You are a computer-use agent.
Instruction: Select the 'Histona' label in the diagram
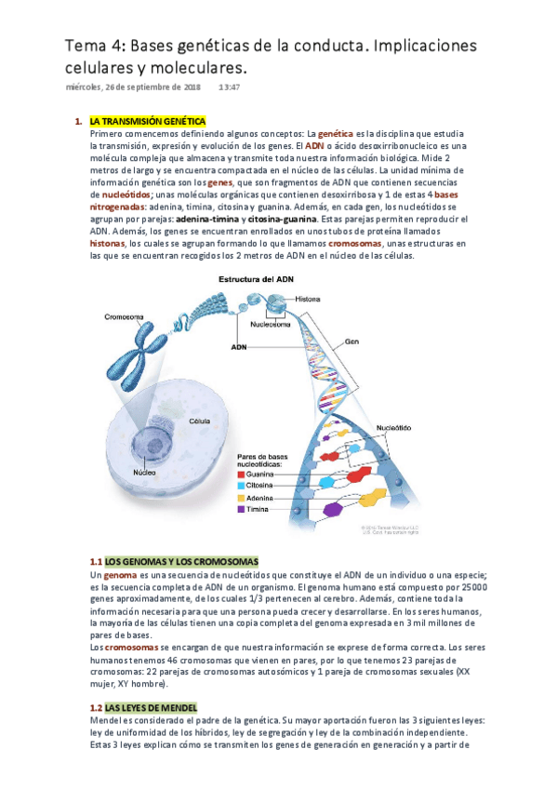click(308, 299)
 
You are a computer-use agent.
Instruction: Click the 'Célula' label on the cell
click(199, 421)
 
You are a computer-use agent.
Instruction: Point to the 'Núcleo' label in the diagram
click(144, 473)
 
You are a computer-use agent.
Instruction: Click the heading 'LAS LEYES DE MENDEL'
click(151, 707)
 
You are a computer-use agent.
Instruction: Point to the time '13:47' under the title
click(230, 87)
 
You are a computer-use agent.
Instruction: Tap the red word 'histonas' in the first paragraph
click(107, 243)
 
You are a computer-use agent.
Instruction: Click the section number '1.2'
click(95, 707)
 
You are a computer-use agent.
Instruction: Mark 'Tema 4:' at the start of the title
click(94, 46)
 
